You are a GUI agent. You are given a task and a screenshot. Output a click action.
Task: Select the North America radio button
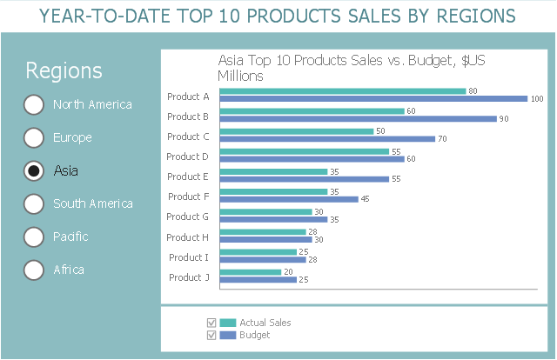click(33, 104)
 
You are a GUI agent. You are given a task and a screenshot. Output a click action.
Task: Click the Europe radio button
click(33, 137)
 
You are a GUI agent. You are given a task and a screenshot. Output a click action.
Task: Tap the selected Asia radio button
click(33, 170)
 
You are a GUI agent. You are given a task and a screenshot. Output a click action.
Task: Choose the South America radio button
click(33, 203)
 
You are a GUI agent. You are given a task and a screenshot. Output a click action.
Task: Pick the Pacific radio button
click(33, 237)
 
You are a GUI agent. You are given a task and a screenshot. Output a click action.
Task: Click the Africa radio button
click(33, 270)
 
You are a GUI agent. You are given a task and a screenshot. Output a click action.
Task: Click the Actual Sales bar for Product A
click(343, 90)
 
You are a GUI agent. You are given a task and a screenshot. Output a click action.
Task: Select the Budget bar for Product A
click(374, 99)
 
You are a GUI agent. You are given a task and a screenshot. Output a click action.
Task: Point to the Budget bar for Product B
click(359, 119)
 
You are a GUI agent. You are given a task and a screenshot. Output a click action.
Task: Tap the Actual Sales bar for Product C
click(297, 131)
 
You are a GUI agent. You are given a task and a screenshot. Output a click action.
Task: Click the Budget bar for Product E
click(305, 179)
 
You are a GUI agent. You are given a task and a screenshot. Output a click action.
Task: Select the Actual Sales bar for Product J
click(251, 272)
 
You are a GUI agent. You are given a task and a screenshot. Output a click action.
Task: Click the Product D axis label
click(188, 157)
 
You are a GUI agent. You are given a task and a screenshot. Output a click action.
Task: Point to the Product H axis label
click(188, 237)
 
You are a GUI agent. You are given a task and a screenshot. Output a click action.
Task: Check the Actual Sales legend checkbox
click(210, 323)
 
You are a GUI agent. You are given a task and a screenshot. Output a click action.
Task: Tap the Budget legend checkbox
click(210, 335)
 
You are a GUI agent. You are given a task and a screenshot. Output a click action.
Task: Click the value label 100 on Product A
click(537, 99)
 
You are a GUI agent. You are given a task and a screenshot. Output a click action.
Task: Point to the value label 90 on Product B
click(504, 119)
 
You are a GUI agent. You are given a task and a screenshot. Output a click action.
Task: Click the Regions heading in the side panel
click(64, 71)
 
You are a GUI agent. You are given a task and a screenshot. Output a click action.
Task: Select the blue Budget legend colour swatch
click(228, 335)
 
